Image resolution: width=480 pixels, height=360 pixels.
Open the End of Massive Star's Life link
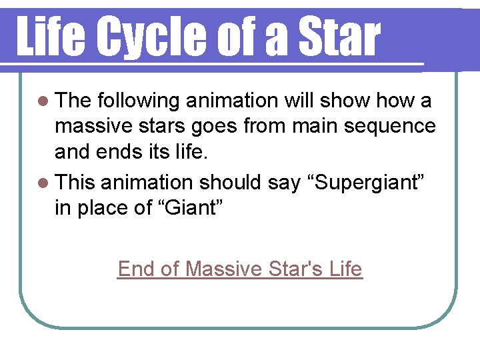point(240,269)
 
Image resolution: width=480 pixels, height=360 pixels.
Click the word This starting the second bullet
point(76,183)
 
